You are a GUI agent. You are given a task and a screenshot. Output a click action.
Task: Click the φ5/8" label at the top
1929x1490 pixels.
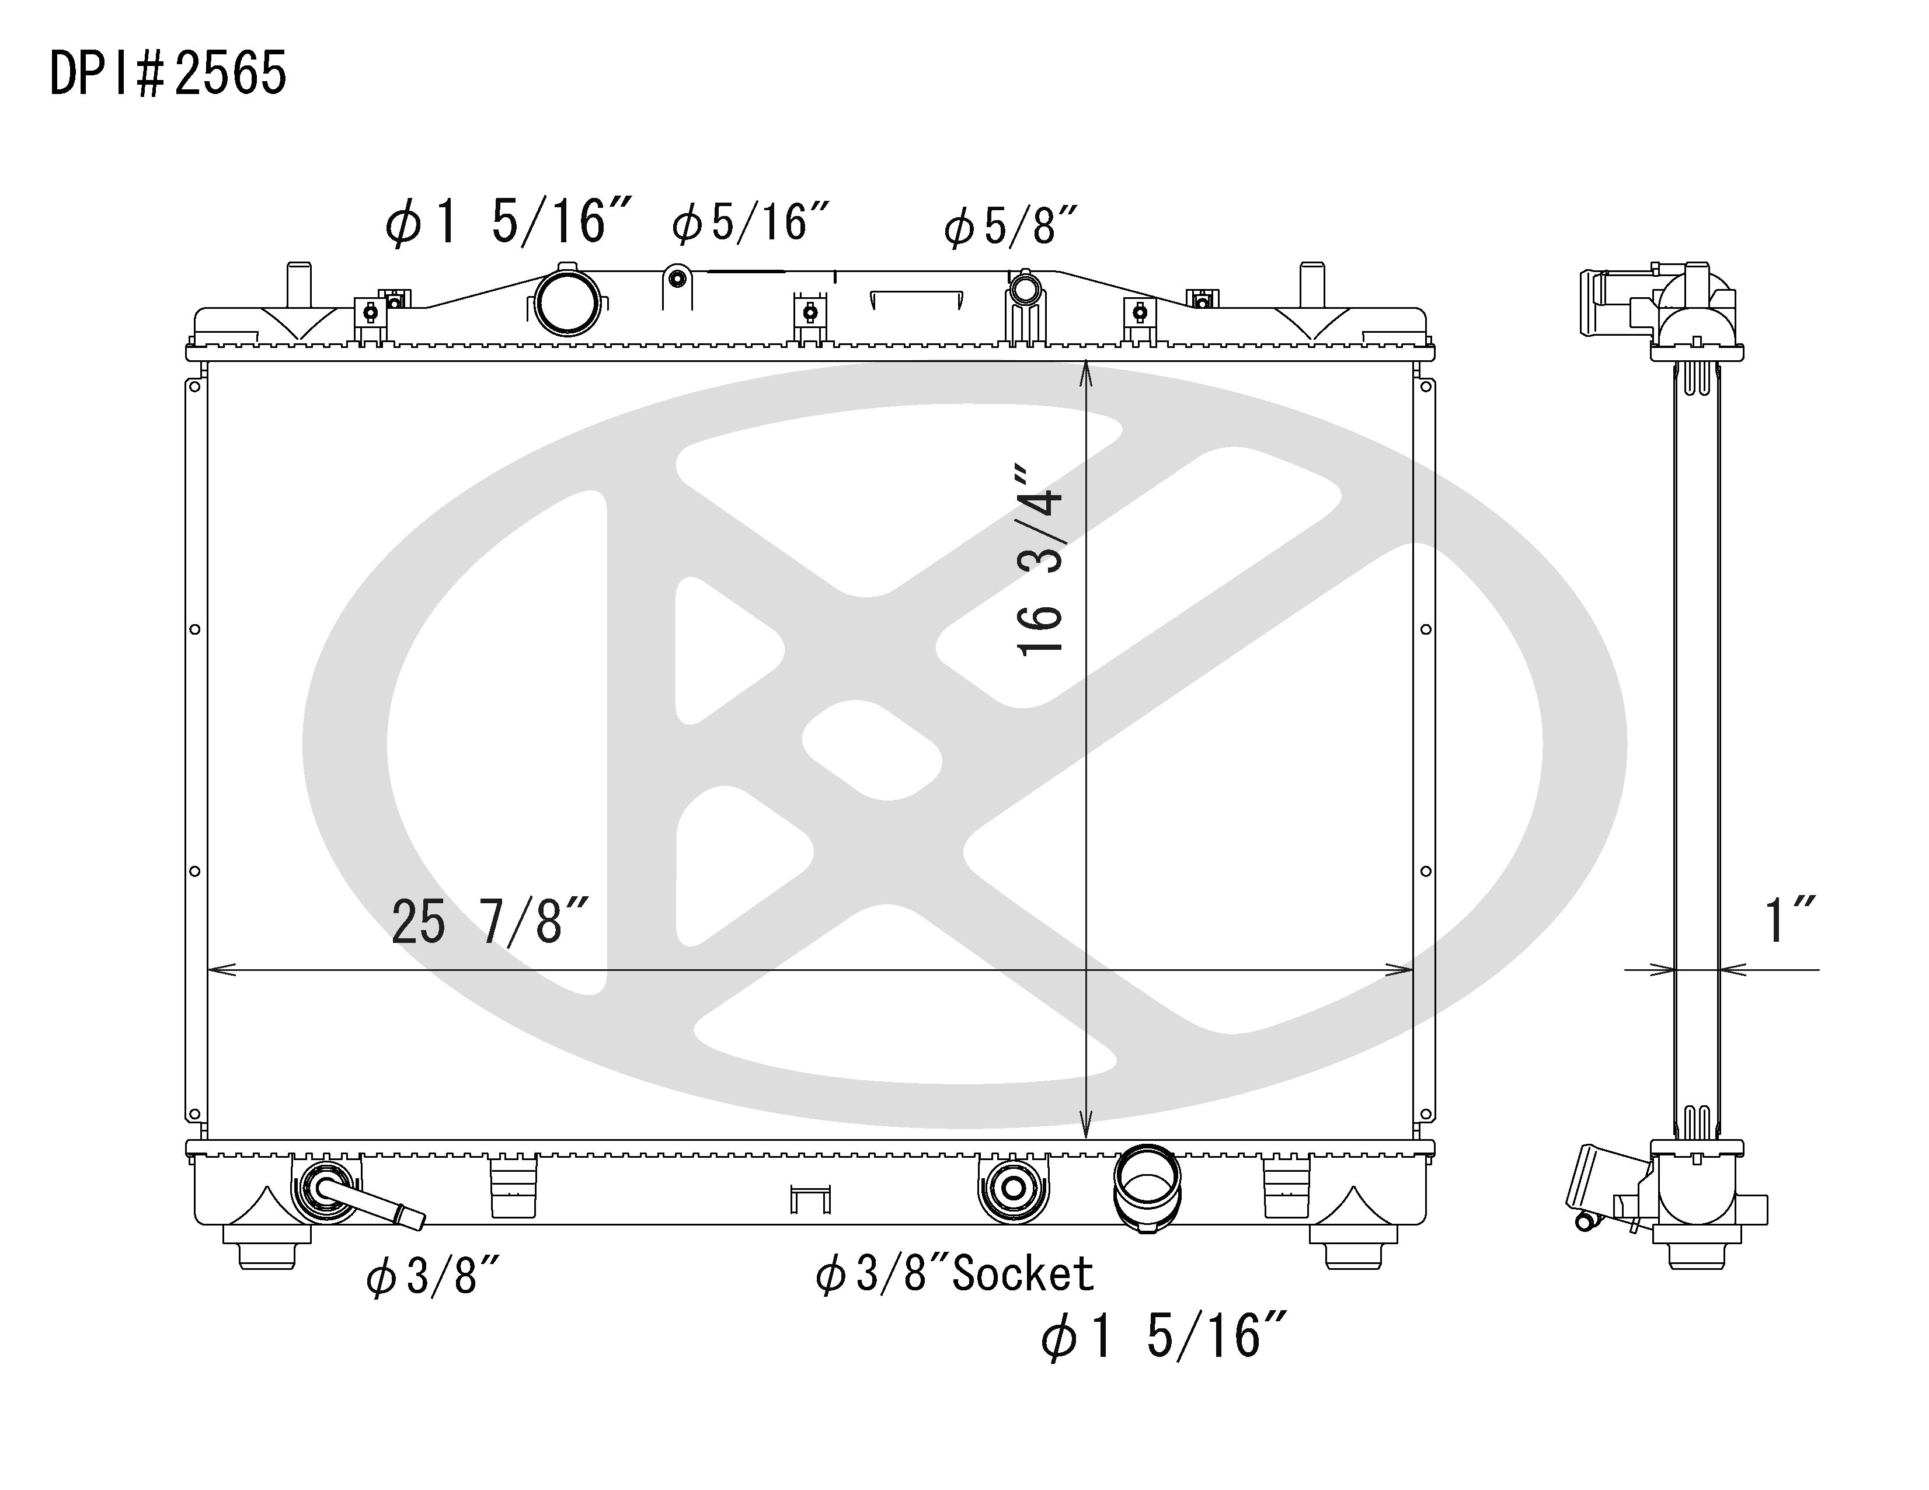click(x=1011, y=226)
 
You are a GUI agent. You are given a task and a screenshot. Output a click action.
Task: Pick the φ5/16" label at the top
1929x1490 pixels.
click(x=751, y=222)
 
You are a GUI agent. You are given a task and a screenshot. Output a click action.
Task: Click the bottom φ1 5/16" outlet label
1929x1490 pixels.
click(x=1164, y=1336)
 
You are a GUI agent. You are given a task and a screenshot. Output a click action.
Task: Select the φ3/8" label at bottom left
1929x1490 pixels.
click(x=433, y=1276)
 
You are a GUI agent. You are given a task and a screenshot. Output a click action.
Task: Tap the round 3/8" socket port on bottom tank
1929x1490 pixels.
click(x=1013, y=1189)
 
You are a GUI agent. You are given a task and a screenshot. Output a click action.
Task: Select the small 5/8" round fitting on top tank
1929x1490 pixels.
click(x=1025, y=288)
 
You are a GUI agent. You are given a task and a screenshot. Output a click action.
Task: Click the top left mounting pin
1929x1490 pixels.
click(x=298, y=284)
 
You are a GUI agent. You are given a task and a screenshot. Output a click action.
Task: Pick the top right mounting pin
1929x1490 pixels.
click(x=1312, y=284)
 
